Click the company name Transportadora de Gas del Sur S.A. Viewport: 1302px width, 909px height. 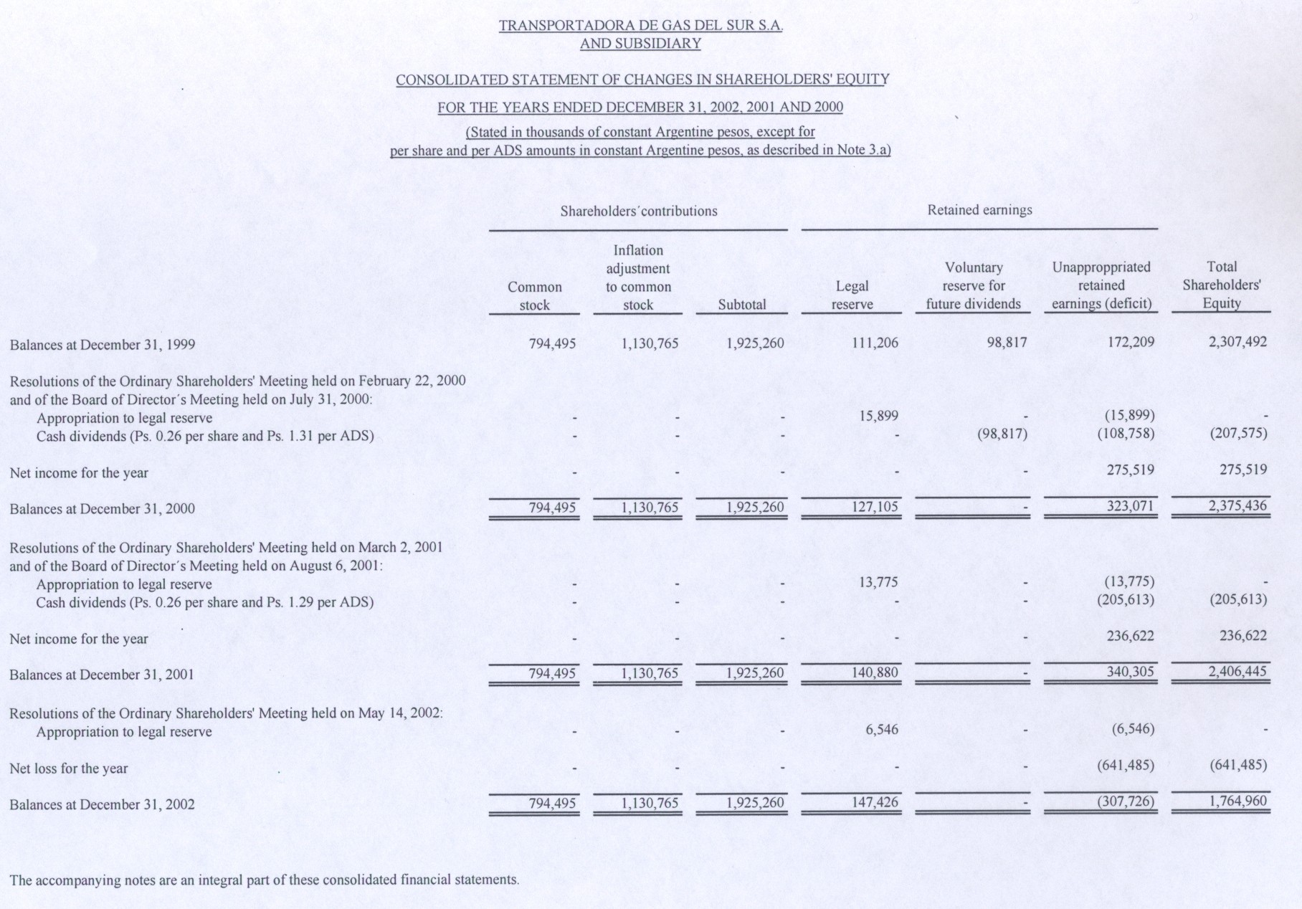(640, 26)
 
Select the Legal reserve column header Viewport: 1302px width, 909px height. (852, 295)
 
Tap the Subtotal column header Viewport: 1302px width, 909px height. (742, 305)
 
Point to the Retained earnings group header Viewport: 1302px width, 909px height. (979, 210)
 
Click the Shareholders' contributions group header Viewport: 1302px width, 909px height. (638, 211)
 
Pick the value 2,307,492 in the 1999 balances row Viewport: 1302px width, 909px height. (1237, 341)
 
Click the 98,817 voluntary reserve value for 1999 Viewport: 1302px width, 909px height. (1007, 342)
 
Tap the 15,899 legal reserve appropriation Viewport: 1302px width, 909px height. (878, 416)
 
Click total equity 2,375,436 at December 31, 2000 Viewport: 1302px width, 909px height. (1237, 505)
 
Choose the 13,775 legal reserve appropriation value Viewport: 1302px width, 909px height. (878, 582)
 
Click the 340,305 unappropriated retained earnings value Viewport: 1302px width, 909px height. (1131, 672)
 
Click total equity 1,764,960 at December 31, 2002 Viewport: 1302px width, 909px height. (1237, 801)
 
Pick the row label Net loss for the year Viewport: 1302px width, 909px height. (69, 768)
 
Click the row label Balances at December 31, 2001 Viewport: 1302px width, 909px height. (102, 675)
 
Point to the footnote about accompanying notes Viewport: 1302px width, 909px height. (264, 880)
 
